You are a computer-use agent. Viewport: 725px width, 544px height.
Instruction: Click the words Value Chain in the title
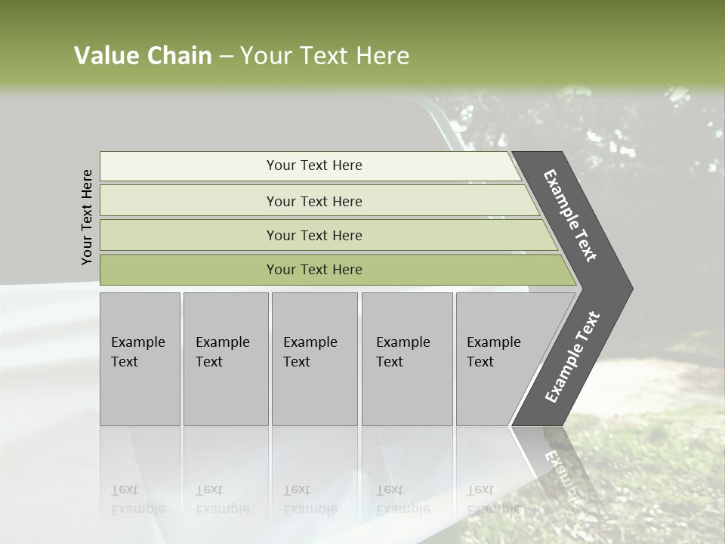(x=143, y=56)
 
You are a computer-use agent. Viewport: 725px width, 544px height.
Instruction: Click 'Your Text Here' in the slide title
(x=325, y=56)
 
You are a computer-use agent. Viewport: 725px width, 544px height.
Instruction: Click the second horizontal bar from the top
(x=313, y=201)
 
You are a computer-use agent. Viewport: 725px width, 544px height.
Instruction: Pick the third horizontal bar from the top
(x=313, y=235)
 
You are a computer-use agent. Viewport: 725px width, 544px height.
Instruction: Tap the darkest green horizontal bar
(x=313, y=270)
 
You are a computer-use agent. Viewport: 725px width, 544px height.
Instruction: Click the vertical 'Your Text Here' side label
(x=87, y=217)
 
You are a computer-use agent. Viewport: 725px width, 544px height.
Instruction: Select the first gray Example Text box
(x=140, y=359)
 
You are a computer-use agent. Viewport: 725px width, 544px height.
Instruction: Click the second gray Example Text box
(x=225, y=359)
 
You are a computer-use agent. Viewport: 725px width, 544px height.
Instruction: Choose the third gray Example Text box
(x=314, y=359)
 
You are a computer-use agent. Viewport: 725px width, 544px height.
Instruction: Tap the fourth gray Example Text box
(x=406, y=359)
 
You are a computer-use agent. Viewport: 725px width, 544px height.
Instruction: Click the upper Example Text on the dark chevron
(x=571, y=215)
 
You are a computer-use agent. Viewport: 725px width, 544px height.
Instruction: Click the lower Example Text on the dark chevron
(x=572, y=357)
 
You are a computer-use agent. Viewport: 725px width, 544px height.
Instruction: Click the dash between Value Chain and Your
(x=226, y=57)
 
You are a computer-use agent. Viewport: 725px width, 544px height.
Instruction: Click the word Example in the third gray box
(x=310, y=342)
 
